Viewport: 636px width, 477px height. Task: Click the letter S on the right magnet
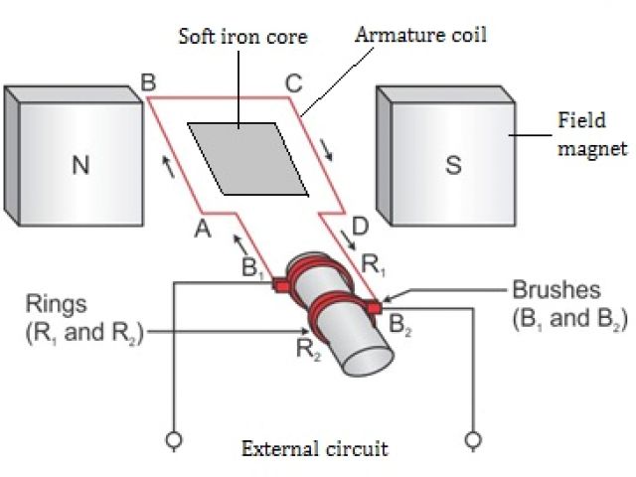tap(453, 165)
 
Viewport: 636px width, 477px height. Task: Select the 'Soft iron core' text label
tap(242, 37)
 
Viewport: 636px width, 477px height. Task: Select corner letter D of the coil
tap(360, 228)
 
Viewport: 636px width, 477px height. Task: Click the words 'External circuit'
tap(315, 449)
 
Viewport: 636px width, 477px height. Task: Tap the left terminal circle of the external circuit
tap(173, 437)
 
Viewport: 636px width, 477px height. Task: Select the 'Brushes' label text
tap(556, 291)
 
